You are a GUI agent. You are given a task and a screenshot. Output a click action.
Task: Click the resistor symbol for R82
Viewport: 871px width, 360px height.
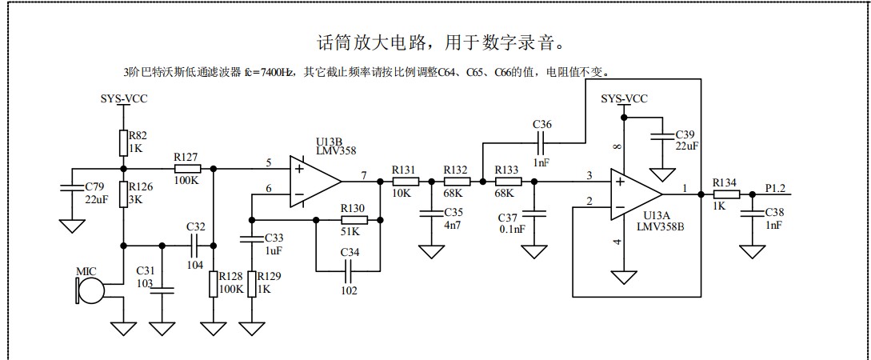pyautogui.click(x=123, y=141)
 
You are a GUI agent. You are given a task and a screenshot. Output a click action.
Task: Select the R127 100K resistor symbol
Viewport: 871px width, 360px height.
pyautogui.click(x=187, y=169)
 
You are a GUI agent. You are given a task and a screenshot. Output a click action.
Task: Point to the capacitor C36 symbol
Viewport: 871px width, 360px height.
pyautogui.click(x=541, y=142)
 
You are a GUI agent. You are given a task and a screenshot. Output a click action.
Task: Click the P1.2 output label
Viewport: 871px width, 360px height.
pyautogui.click(x=776, y=188)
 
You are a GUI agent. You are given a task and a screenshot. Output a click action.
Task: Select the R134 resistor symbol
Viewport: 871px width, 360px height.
pyautogui.click(x=725, y=194)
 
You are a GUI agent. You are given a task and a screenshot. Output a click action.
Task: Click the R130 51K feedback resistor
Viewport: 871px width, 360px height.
pyautogui.click(x=354, y=220)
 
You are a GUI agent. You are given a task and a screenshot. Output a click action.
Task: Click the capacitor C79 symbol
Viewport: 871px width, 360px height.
pyautogui.click(x=72, y=188)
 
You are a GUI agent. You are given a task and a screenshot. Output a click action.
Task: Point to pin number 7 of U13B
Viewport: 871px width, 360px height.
pyautogui.click(x=364, y=175)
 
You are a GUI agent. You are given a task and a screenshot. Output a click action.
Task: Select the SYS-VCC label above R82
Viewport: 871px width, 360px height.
pyautogui.click(x=123, y=98)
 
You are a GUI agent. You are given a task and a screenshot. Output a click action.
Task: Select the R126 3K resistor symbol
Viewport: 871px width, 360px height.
pyautogui.click(x=123, y=194)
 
